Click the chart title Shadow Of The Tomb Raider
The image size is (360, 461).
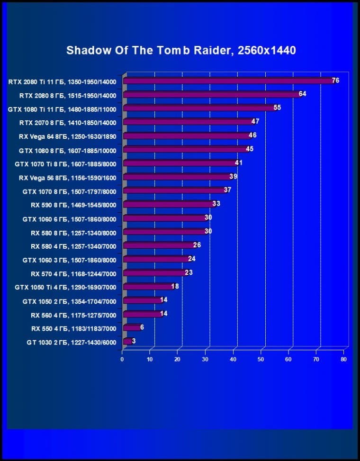click(181, 50)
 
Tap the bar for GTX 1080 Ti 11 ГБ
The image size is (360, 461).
click(199, 108)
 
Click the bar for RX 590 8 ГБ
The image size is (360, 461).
click(169, 204)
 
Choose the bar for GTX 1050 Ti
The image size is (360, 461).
click(148, 287)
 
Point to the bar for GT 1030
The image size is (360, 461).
click(127, 341)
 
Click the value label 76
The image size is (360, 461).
click(335, 81)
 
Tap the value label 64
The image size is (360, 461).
click(302, 94)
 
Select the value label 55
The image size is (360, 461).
click(277, 108)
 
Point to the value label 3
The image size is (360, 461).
click(134, 341)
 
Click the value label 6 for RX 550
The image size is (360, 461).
click(142, 327)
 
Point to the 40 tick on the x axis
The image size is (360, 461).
click(233, 360)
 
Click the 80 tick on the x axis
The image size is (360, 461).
click(344, 360)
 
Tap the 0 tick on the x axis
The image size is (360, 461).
click(122, 360)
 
